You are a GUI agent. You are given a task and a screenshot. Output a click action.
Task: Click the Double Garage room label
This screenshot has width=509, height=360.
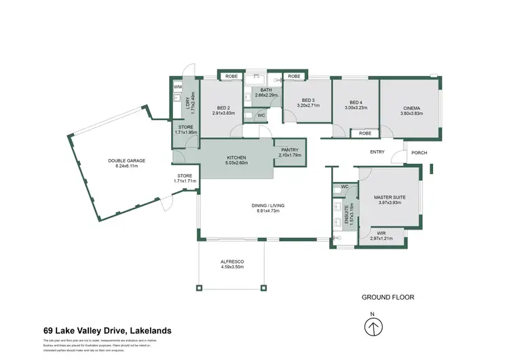pos(126,161)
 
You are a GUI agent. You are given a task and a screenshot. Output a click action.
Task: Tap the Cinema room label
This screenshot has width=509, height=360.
pos(411,108)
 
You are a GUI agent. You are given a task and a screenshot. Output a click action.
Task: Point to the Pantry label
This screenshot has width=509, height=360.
pos(288,151)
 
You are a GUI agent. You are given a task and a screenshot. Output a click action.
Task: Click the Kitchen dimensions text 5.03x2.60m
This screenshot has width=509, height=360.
pos(237,162)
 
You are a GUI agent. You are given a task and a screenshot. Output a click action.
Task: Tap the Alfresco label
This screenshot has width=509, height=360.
pos(232,262)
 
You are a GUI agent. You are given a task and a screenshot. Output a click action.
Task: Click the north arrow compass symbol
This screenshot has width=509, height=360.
pos(371,327)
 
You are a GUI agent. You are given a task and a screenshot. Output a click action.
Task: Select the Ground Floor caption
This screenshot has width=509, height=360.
pos(388,297)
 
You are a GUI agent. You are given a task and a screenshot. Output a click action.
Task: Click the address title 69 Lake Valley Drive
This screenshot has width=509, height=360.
pos(107,331)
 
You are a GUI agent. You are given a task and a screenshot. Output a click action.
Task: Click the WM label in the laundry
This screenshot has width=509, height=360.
pos(178,87)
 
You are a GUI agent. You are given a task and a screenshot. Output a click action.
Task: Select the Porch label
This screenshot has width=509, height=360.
pos(419,152)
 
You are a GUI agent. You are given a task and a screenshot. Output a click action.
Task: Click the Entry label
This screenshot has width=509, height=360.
pos(377,152)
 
